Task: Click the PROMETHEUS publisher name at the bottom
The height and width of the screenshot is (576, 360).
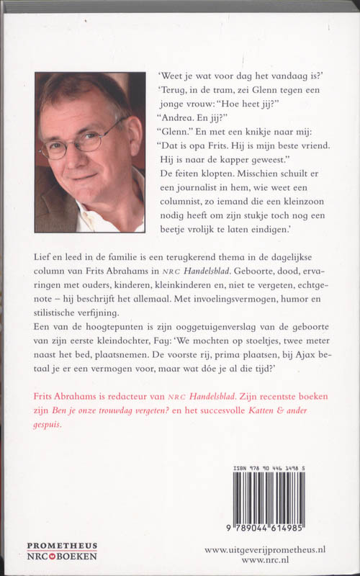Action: (61, 546)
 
